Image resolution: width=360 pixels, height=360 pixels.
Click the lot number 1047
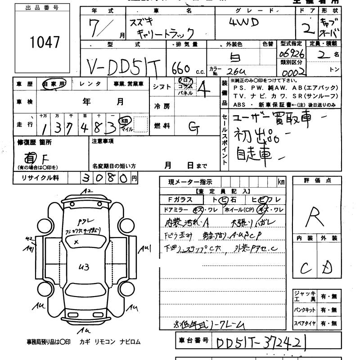45,43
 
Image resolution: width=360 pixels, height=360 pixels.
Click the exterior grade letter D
328,269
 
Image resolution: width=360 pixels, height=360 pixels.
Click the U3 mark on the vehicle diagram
84,267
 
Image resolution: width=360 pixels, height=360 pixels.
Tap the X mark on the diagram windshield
77,242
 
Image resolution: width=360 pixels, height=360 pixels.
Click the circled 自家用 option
54,83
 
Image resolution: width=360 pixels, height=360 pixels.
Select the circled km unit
124,121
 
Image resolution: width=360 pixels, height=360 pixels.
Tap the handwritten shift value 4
205,88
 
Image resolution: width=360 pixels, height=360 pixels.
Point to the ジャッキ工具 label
304,296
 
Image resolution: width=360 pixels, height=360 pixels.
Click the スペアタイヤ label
304,323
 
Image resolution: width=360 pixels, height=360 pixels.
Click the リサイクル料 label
40,178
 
